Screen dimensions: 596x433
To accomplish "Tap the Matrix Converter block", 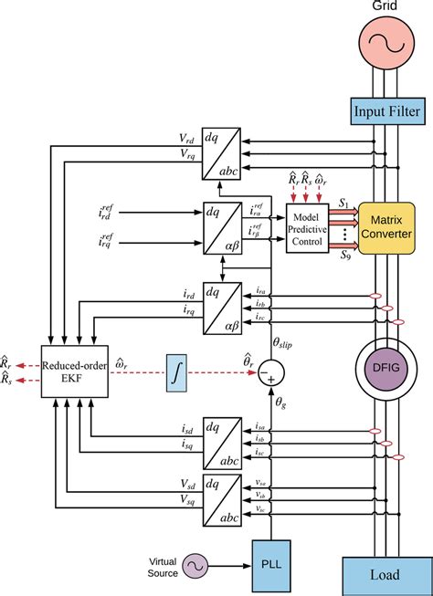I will point(386,227).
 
